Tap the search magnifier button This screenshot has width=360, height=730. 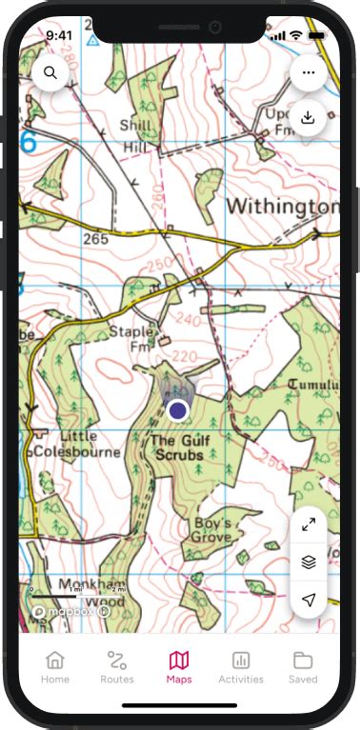[49, 72]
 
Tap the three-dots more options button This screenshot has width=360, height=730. [308, 72]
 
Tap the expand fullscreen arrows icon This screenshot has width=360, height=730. [308, 524]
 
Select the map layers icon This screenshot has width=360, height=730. [308, 562]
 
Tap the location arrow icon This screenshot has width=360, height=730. [308, 600]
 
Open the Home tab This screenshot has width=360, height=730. [55, 667]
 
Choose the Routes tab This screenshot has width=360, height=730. [117, 667]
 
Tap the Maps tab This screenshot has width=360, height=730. [179, 667]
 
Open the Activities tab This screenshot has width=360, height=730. [241, 667]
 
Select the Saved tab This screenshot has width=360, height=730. [303, 667]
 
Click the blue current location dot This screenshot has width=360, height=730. [177, 410]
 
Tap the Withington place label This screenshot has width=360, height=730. [282, 207]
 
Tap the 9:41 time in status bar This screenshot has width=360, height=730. [58, 34]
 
